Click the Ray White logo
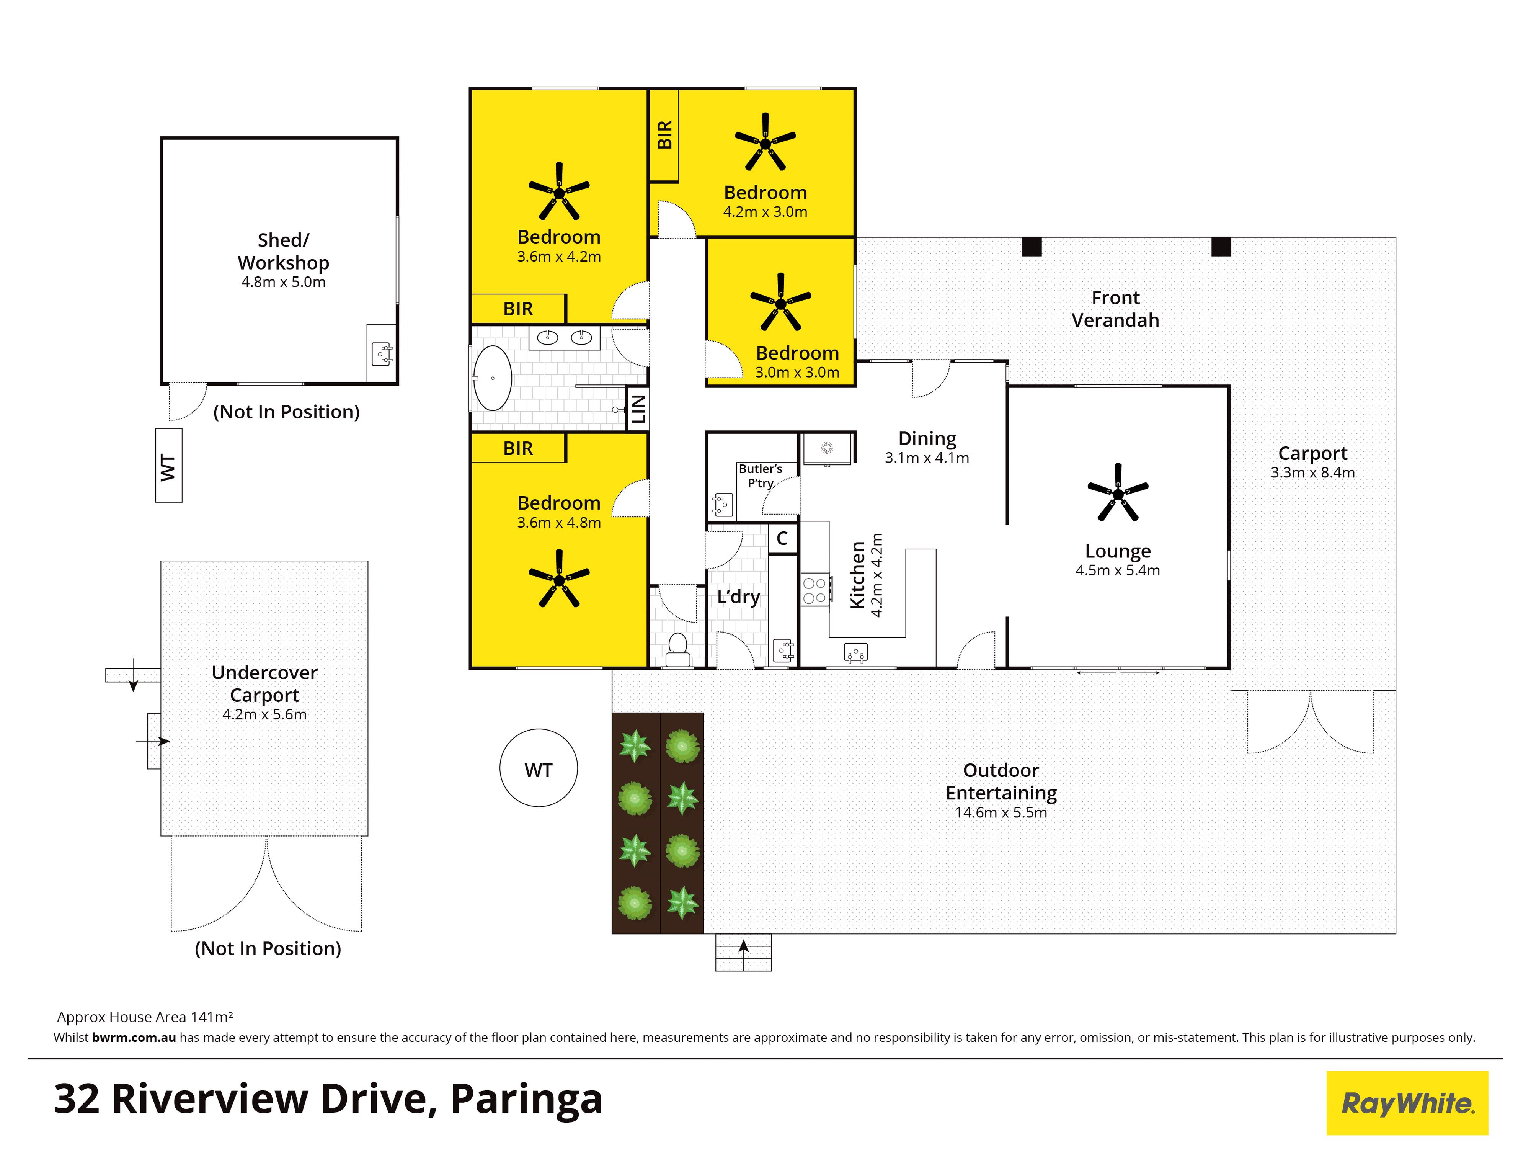coord(1407,1103)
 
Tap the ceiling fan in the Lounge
coord(1118,492)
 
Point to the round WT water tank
coord(539,768)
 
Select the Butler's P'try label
coord(761,476)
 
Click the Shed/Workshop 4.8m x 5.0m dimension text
coord(283,282)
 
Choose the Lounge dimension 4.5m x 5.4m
coord(1118,570)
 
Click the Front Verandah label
coord(1115,309)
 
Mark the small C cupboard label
coord(782,538)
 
